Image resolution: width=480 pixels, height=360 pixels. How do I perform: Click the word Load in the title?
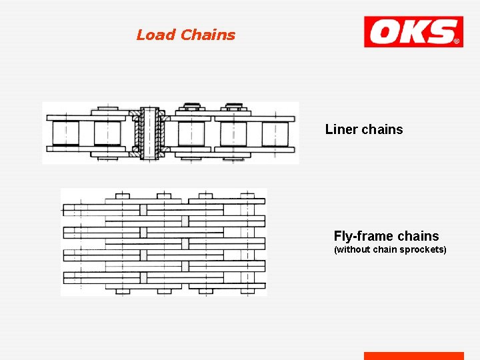pos(156,35)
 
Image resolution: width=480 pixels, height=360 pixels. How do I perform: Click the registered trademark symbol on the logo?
pos(457,41)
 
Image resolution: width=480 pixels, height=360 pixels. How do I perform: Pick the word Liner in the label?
pos(341,129)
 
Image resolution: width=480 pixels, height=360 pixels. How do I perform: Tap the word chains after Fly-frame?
pos(418,236)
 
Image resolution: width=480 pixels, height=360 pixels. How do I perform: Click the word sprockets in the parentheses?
pos(422,250)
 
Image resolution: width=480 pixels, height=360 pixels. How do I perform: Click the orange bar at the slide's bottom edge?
pos(413,356)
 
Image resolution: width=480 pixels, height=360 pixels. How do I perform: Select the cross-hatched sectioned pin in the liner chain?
pos(150,133)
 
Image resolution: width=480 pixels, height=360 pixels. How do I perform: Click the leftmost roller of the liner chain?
pos(65,133)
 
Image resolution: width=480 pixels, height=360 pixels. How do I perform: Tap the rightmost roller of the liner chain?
pos(275,133)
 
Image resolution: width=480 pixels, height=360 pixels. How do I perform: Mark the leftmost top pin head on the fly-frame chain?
pos(123,196)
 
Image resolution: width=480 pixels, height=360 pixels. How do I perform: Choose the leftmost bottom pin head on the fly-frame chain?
pos(123,291)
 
